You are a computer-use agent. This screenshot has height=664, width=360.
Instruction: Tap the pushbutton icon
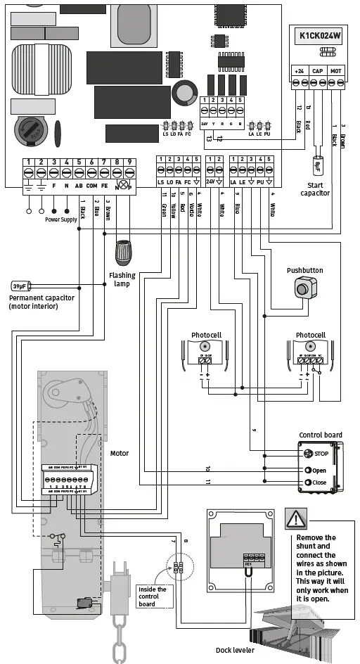click(x=303, y=288)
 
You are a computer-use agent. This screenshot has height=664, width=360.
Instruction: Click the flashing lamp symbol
click(x=124, y=251)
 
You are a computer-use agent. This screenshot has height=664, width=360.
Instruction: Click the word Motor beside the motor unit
click(x=120, y=454)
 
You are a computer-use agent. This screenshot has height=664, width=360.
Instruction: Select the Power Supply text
click(x=61, y=219)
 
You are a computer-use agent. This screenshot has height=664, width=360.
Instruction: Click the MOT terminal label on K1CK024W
click(x=335, y=71)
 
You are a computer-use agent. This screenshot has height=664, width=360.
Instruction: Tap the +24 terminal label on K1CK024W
click(x=299, y=71)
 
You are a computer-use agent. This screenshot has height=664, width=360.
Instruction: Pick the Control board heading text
click(x=321, y=435)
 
